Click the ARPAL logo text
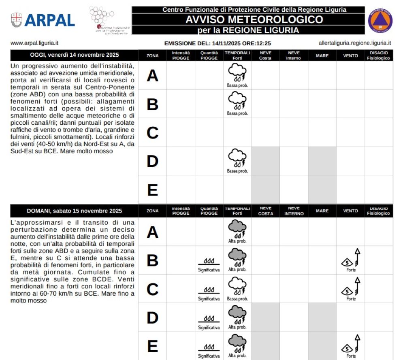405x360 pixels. click(x=49, y=20)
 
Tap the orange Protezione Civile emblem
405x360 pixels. click(x=380, y=20)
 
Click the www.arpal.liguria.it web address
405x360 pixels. click(x=32, y=43)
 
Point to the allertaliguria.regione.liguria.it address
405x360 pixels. click(x=355, y=43)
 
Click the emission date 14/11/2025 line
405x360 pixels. click(x=217, y=43)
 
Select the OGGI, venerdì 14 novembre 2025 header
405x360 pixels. click(x=74, y=55)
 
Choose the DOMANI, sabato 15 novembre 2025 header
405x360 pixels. click(x=74, y=211)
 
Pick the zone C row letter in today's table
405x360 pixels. click(x=152, y=132)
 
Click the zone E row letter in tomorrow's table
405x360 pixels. click(x=152, y=347)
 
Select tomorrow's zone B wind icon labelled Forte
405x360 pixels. click(x=351, y=259)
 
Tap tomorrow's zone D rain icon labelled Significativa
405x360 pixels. click(x=209, y=318)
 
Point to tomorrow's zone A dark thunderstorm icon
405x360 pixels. click(x=237, y=229)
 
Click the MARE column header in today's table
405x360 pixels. click(x=322, y=55)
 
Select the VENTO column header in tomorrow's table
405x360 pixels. click(x=350, y=211)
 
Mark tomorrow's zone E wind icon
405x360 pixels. click(x=351, y=345)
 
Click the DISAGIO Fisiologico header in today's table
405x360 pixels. click(x=378, y=55)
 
